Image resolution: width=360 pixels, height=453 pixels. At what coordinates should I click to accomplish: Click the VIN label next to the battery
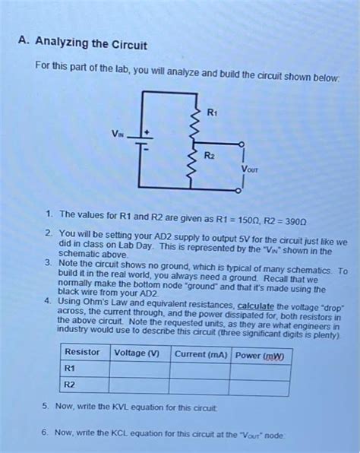click(117, 136)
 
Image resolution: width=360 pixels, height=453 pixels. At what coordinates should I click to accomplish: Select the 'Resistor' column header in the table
click(82, 353)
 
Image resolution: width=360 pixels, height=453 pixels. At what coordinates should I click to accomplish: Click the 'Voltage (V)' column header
click(137, 353)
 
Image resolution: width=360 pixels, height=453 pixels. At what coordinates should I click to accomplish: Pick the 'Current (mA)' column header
click(201, 354)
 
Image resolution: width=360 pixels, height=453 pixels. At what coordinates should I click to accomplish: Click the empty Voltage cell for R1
click(140, 370)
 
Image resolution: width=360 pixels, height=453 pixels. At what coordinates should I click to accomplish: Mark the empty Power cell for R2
click(261, 388)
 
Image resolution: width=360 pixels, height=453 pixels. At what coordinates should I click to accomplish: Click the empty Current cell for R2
click(201, 387)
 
